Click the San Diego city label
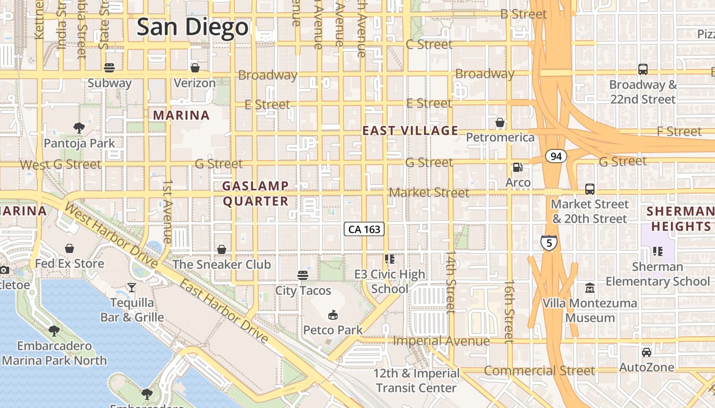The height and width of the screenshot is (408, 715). pos(193,27)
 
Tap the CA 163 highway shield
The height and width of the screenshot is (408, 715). pos(364,229)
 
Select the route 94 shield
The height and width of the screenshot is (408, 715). pos(556,156)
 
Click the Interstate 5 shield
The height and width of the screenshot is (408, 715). pos(549,243)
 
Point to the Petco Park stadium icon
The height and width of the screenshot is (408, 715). pos(333,315)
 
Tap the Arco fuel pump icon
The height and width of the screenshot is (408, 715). pos(517,167)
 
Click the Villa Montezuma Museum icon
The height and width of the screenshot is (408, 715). pos(590,288)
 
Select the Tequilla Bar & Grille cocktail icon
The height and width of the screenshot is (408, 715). pos(132,288)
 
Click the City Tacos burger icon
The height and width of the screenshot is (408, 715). pos(303,275)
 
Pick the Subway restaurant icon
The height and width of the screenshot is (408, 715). pos(109,68)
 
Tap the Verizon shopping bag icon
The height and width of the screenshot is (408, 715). pos(195,68)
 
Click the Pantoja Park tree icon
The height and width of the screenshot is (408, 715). pos(79,128)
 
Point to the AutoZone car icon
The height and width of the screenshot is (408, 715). pos(646,352)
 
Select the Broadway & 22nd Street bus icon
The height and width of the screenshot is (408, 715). pos(643,69)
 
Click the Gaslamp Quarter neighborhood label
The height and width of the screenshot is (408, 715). pos(256,193)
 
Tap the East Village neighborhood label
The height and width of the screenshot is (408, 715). pos(410,131)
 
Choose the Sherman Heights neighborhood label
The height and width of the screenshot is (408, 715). pos(679,218)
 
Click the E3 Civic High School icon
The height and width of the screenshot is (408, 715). pos(390,259)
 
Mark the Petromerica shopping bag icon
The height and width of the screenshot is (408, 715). pos(500,122)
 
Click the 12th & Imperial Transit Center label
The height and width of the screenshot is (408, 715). pos(416,380)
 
